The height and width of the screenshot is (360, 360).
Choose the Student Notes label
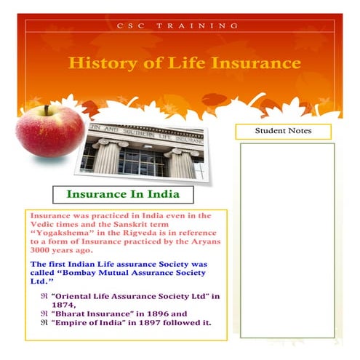coord(283,131)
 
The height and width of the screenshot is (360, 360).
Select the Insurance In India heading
coord(122,195)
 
